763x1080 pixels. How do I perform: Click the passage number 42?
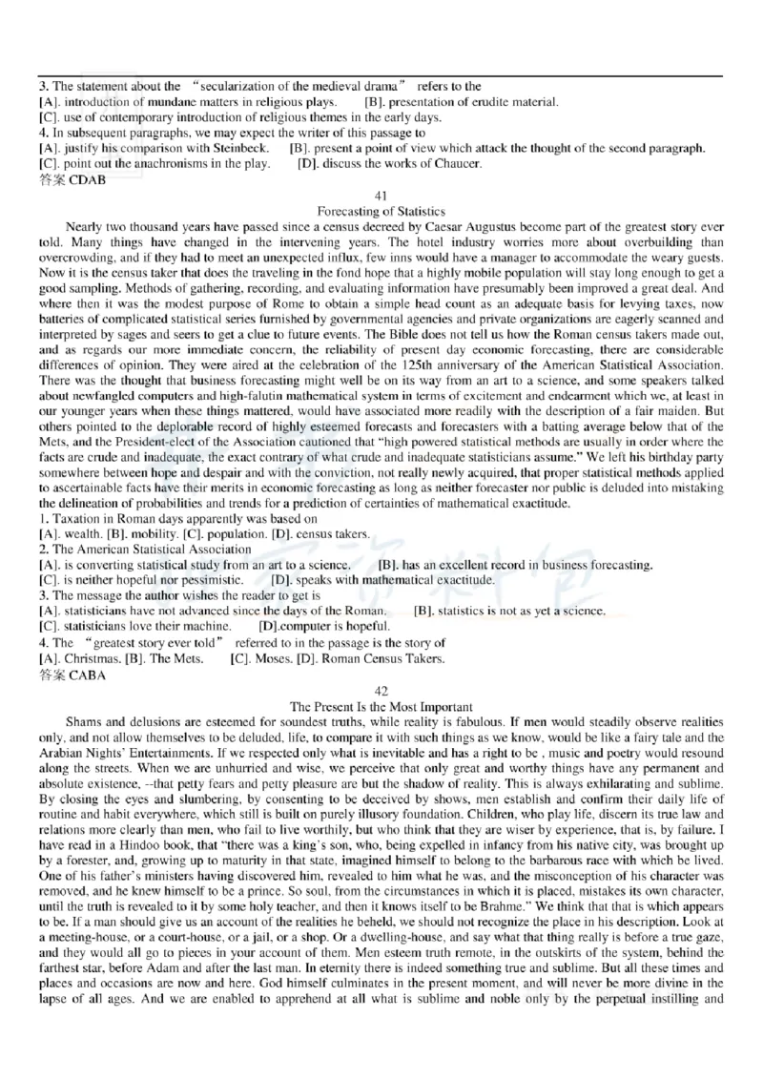point(381,691)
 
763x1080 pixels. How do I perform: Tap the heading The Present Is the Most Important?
point(381,706)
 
